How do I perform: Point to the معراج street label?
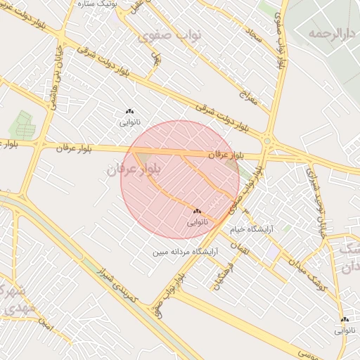(x=247, y=98)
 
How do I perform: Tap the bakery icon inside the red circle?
(x=197, y=211)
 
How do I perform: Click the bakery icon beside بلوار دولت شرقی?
(x=129, y=111)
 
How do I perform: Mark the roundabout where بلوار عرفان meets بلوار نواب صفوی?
(x=267, y=143)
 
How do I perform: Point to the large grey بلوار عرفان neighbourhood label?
(x=136, y=169)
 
